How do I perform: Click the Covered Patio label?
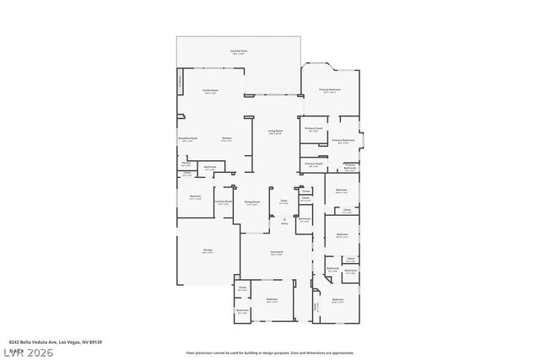point(239,52)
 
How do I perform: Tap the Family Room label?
point(210,90)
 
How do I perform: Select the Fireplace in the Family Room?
point(180,83)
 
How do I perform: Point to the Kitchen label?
point(227,138)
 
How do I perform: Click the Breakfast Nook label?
point(187,138)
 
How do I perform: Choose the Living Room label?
point(275,132)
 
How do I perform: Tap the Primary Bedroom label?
point(329,90)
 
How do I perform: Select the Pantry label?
point(185,164)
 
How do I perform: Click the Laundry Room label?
point(222,202)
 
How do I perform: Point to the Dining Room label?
point(251,202)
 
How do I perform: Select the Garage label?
point(207,250)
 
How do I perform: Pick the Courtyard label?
point(276,252)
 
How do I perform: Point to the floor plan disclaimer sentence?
point(270,352)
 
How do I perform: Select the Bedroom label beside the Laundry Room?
point(195,197)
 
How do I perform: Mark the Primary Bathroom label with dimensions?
point(343,142)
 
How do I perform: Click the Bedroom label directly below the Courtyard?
point(272,300)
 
